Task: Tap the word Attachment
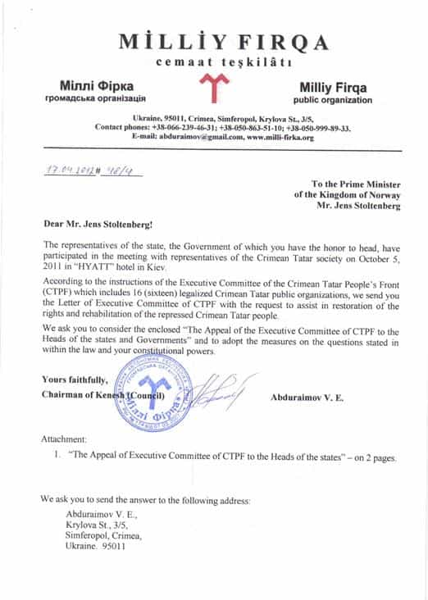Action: click(x=69, y=440)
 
